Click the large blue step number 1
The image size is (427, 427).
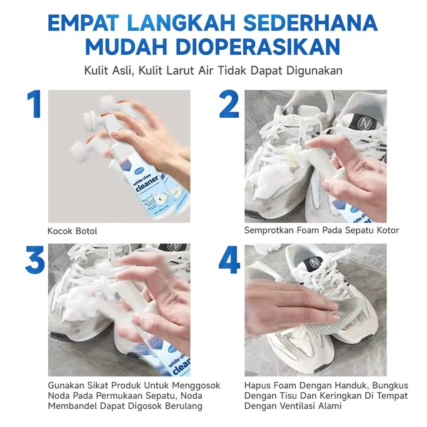coord(35,104)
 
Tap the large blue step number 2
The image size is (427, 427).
coord(229,104)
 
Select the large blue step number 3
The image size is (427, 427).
coord(35,259)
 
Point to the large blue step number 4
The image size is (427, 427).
coord(229,259)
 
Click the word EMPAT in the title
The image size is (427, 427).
coord(84,23)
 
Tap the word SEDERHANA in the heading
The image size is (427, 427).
coord(311,23)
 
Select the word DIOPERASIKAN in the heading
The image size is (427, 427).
coord(258,47)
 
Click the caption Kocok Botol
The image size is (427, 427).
coord(72,231)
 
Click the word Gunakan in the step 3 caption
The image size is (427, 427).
coord(66,385)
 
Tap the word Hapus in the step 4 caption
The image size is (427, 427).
coord(256,386)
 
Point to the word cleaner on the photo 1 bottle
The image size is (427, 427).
coord(147,184)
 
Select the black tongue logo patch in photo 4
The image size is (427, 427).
coord(315,262)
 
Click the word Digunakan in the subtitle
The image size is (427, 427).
coord(314,71)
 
